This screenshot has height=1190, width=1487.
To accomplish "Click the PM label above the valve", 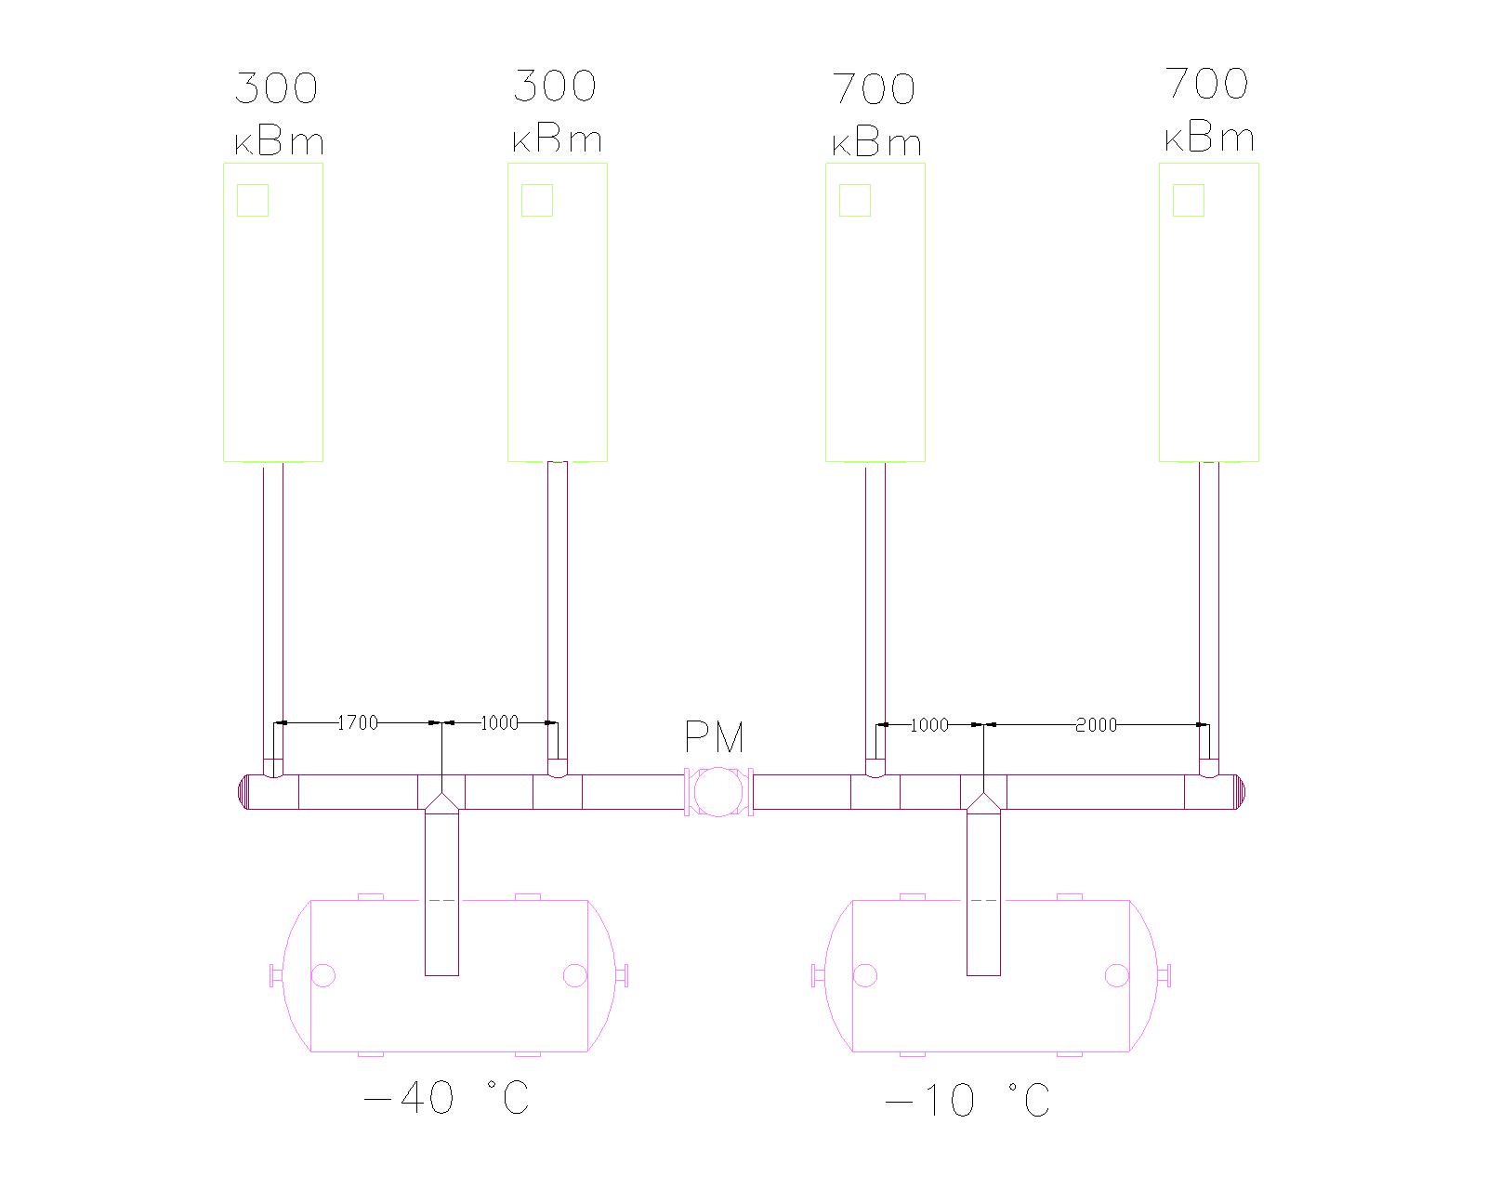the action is coord(714,737).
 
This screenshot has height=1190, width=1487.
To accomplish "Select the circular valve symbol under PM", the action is coord(717,792).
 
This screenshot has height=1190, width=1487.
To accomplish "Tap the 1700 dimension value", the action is coord(357,723).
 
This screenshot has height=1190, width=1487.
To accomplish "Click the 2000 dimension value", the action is coord(1096,725).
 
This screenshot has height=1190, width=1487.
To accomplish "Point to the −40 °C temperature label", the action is coord(446,1097).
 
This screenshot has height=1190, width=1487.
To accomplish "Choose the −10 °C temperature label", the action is coord(967,1100).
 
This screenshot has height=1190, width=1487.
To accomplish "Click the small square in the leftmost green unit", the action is coord(253,201).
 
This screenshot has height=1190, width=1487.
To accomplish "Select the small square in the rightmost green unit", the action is coord(1189,201).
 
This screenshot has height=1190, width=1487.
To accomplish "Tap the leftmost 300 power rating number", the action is coord(276,87).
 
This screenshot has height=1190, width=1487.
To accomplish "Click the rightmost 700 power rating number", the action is coord(1207,84).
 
